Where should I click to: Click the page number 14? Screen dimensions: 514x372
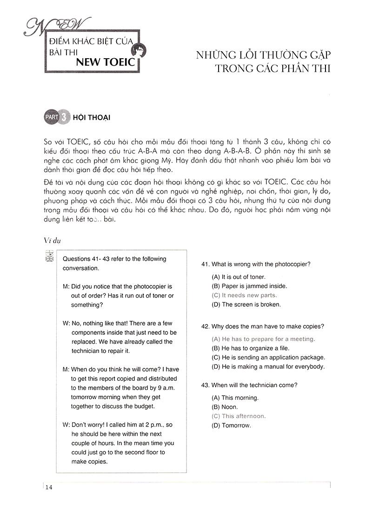tap(49, 487)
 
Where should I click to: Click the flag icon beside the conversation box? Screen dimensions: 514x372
tap(50, 256)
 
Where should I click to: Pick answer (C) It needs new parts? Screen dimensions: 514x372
tap(244, 295)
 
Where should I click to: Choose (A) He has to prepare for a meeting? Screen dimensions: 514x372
tap(263, 339)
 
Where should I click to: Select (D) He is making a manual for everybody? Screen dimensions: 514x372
tap(268, 366)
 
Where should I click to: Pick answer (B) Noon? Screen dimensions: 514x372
tap(225, 407)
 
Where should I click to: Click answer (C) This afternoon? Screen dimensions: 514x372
tap(239, 416)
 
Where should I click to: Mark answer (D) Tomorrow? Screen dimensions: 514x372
tap(231, 426)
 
